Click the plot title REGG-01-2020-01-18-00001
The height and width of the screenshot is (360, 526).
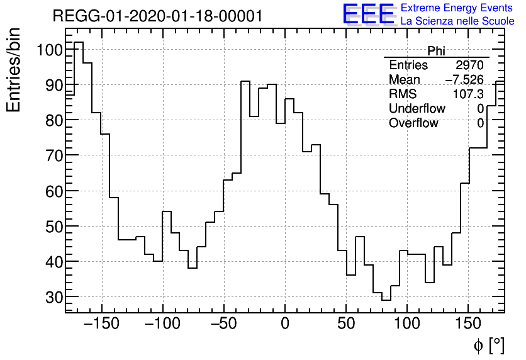(157, 16)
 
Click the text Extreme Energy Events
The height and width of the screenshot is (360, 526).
(457, 8)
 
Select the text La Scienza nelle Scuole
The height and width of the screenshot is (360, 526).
(457, 21)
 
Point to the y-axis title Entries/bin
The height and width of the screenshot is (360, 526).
(14, 70)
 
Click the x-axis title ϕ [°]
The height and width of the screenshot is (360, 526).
(488, 345)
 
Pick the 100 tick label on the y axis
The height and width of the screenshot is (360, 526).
(48, 50)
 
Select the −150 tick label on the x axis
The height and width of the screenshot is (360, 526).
(101, 325)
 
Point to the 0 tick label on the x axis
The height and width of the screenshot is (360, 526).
(285, 325)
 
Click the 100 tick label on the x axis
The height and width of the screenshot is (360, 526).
(407, 325)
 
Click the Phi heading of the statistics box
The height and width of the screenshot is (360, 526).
(436, 51)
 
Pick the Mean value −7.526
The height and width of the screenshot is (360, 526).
(464, 80)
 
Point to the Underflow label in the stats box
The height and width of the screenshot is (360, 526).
(417, 109)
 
